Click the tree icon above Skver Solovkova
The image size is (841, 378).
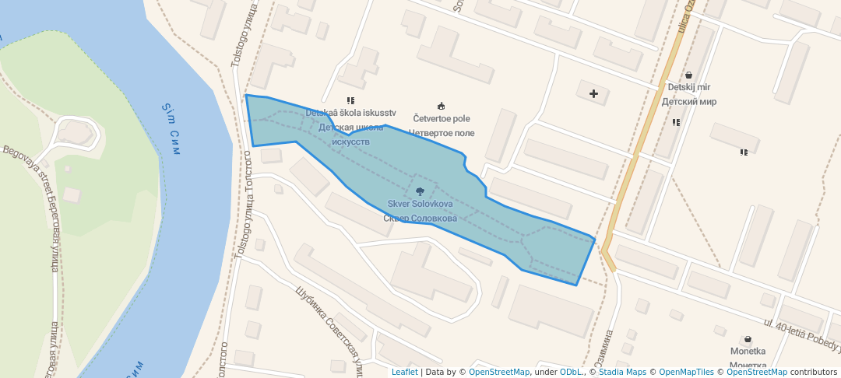coord(420,191)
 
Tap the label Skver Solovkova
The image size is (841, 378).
coord(420,204)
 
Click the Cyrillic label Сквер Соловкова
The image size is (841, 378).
coord(420,219)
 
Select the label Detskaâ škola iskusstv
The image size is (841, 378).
coord(350,113)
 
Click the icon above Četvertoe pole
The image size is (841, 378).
coord(442,106)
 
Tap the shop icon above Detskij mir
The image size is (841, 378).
coord(688,75)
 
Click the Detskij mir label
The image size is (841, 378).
coord(689,88)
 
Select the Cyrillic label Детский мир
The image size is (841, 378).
coord(689,101)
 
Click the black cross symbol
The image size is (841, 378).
coord(594,94)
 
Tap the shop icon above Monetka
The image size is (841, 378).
coord(748,339)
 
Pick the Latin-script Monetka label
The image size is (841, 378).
coord(748,352)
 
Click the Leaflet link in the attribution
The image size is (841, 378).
coord(404,372)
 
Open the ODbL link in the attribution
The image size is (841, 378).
coord(572,372)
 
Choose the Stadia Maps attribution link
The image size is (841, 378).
coord(622,372)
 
